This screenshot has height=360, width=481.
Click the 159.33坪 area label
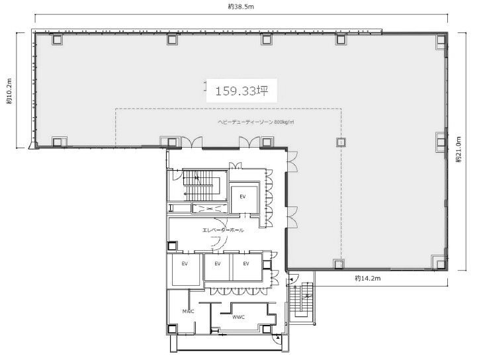point(241,91)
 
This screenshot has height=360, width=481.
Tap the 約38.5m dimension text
point(241,7)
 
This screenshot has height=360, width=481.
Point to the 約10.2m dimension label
point(9,91)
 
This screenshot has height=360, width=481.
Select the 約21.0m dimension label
point(459,149)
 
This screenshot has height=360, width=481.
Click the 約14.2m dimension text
point(368,279)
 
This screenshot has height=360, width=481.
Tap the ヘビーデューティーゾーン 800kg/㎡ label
point(256,122)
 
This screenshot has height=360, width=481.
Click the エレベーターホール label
point(223,230)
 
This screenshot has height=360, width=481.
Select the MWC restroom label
point(189,312)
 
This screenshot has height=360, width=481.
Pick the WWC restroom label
point(238,317)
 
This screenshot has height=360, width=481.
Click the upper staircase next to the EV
point(200,185)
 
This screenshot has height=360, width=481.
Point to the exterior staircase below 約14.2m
point(301,300)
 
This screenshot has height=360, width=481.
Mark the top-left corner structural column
point(57,39)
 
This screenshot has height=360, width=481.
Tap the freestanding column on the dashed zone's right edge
point(341,142)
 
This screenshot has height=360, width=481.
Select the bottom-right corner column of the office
point(441,264)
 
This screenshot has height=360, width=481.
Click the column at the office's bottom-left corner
point(57,142)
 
